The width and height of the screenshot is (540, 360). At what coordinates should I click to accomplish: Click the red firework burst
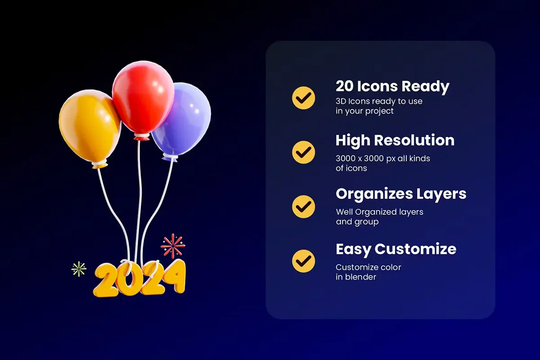click(x=173, y=246)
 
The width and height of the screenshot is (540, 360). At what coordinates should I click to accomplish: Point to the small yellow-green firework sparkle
click(x=79, y=269)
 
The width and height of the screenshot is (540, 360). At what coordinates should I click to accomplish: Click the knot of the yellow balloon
click(x=99, y=164)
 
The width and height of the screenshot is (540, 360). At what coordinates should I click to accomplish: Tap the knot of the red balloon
click(x=142, y=137)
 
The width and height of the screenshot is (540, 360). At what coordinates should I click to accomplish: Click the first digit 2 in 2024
click(x=106, y=280)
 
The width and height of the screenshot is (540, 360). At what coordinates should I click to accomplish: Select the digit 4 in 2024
click(x=174, y=276)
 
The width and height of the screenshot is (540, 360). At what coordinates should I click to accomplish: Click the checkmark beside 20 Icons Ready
click(x=303, y=98)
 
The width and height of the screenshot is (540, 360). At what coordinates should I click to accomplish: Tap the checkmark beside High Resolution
click(x=303, y=153)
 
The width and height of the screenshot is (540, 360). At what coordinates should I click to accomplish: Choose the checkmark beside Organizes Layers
click(x=303, y=207)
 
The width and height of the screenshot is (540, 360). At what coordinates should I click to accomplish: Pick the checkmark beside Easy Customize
click(x=303, y=261)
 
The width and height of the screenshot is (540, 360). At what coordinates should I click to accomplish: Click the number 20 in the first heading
click(x=345, y=86)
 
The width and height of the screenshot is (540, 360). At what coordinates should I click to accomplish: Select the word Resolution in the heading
click(x=414, y=140)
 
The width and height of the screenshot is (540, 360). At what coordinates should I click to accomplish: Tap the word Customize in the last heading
click(x=415, y=249)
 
